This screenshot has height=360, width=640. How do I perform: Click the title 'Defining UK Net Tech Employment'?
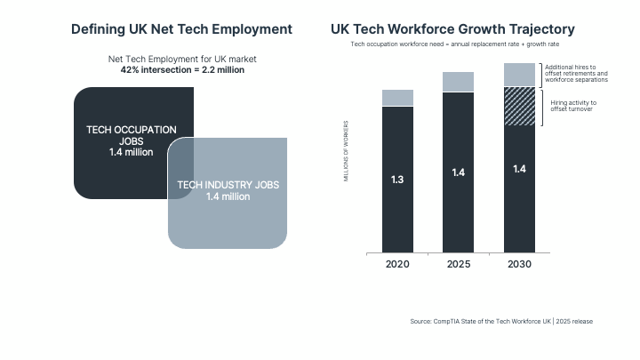tap(181, 29)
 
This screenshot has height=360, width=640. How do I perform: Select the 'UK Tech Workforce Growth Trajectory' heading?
tap(452, 29)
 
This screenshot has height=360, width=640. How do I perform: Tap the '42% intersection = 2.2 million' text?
tap(181, 68)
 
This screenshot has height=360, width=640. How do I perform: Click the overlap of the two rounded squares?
tap(181, 168)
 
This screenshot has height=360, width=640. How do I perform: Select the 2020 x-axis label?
tap(397, 265)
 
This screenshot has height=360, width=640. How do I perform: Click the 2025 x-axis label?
tap(458, 265)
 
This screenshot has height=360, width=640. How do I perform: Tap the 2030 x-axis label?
tap(519, 265)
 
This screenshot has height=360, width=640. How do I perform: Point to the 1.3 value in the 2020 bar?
tap(397, 180)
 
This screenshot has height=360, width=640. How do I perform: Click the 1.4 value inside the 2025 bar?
tap(458, 172)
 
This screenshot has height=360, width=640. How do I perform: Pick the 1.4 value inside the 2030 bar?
tap(519, 169)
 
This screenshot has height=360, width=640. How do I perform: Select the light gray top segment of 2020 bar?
tap(397, 98)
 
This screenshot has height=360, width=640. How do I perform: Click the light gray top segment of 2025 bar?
tap(458, 82)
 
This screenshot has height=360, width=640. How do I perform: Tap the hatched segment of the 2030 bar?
tap(519, 106)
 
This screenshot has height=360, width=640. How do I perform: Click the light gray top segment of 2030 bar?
tap(519, 75)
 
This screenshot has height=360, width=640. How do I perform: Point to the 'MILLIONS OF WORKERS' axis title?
tap(346, 150)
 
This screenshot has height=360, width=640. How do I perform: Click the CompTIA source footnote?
tap(500, 321)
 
